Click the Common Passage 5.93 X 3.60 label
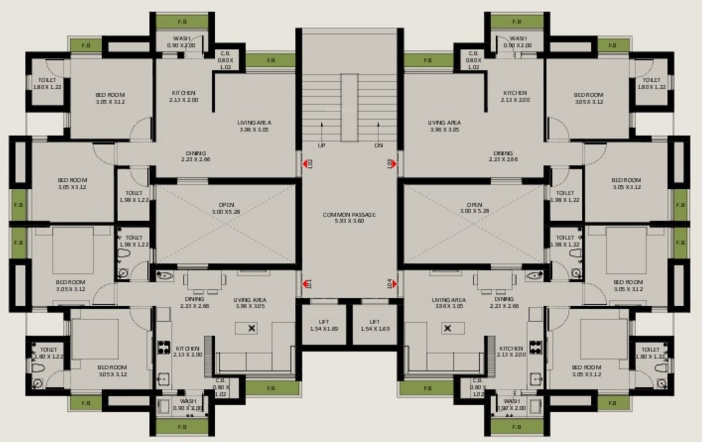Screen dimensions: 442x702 click(349, 218)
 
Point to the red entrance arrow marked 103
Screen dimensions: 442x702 click(394, 164)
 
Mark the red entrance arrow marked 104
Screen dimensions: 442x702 click(394, 283)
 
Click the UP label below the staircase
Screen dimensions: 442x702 click(321, 146)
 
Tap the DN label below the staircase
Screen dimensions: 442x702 click(378, 146)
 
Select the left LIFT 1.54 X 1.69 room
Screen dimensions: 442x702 click(324, 325)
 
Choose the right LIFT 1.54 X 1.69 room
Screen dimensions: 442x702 click(374, 325)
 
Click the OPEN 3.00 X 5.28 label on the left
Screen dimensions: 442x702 click(225, 208)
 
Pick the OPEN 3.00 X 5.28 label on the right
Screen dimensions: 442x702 click(474, 208)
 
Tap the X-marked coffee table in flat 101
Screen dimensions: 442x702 click(252, 328)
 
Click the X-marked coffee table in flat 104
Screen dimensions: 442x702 click(446, 328)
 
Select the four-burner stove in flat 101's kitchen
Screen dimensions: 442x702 click(163, 347)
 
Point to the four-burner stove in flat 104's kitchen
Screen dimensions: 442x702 click(536, 347)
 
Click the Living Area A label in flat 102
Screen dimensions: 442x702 click(254, 126)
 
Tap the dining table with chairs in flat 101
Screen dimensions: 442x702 click(204, 282)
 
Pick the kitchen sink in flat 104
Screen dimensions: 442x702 click(536, 378)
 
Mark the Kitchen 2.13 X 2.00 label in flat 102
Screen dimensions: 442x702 click(183, 96)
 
